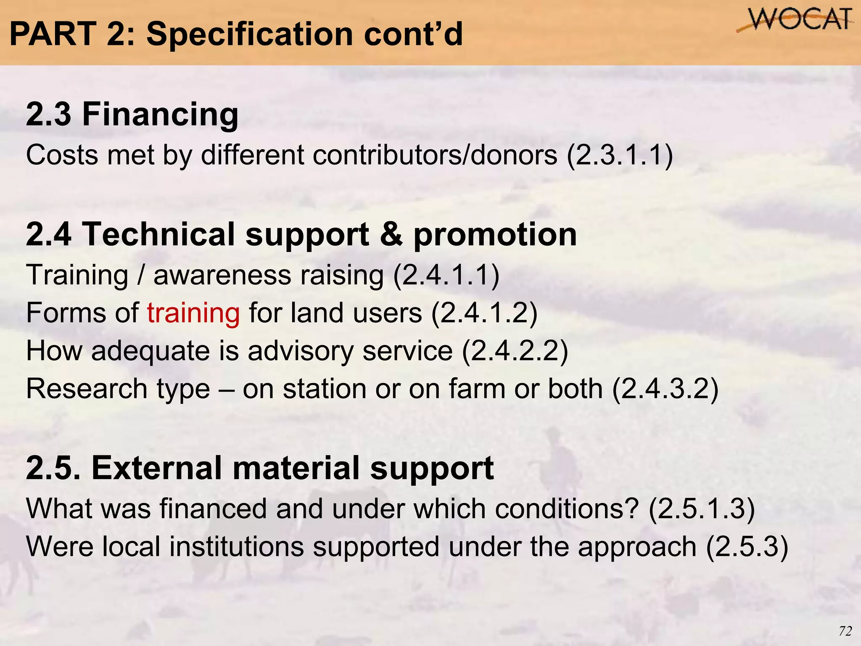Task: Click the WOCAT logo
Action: (x=795, y=20)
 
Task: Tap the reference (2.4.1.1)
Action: (x=446, y=276)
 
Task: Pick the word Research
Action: (x=86, y=389)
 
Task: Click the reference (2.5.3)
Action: (x=747, y=547)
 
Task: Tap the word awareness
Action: (x=222, y=276)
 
